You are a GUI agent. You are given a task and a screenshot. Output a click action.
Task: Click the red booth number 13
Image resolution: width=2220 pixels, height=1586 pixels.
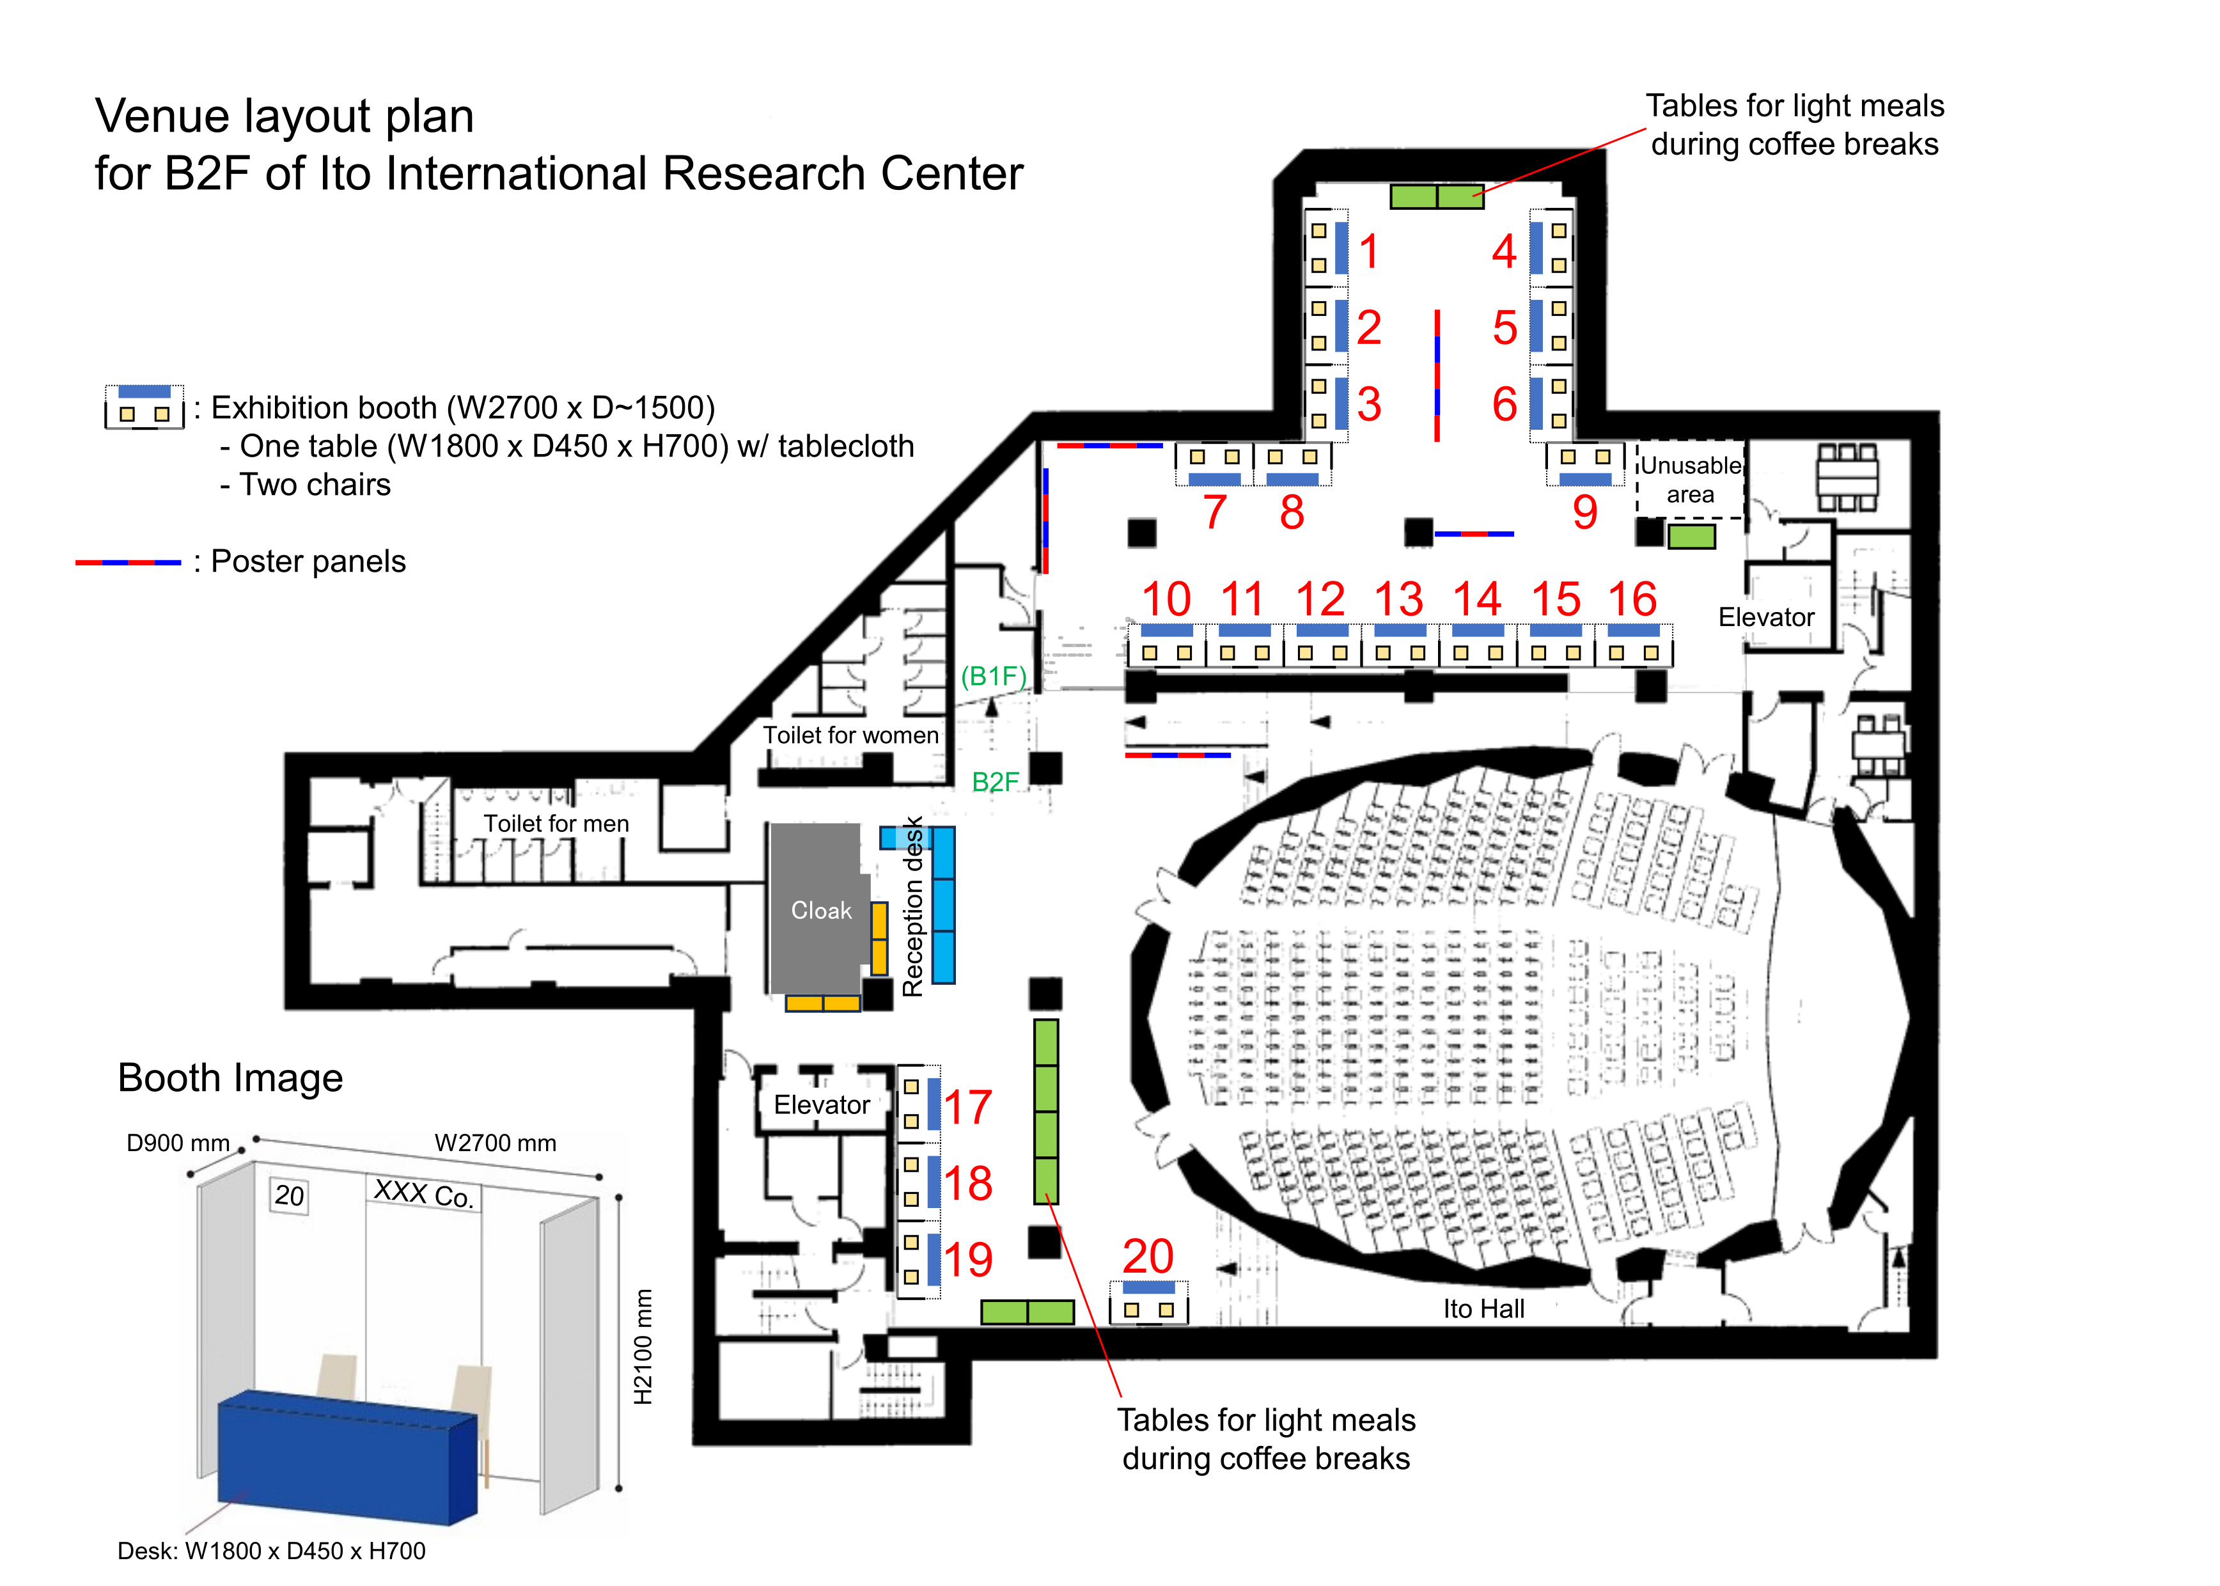tap(1399, 599)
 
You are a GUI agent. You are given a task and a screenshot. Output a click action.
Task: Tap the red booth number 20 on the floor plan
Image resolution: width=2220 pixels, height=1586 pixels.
tap(1148, 1256)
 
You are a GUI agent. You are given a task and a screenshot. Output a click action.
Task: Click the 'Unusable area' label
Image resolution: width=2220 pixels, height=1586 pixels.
tap(1690, 480)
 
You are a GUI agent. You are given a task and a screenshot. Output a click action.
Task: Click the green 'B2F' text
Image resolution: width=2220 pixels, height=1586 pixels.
tap(995, 781)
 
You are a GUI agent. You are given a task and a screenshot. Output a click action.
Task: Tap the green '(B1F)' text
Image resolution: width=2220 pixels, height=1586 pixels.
tap(994, 676)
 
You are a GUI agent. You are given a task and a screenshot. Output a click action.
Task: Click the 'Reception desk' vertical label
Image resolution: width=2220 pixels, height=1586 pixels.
tap(913, 906)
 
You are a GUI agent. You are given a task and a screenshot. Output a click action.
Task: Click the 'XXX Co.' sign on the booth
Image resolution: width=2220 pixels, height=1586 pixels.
tap(424, 1193)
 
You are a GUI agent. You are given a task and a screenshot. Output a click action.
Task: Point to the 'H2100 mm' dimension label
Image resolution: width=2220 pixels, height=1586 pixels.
tap(643, 1347)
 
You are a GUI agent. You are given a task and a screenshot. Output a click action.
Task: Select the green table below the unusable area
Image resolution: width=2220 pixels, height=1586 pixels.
tap(1691, 536)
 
